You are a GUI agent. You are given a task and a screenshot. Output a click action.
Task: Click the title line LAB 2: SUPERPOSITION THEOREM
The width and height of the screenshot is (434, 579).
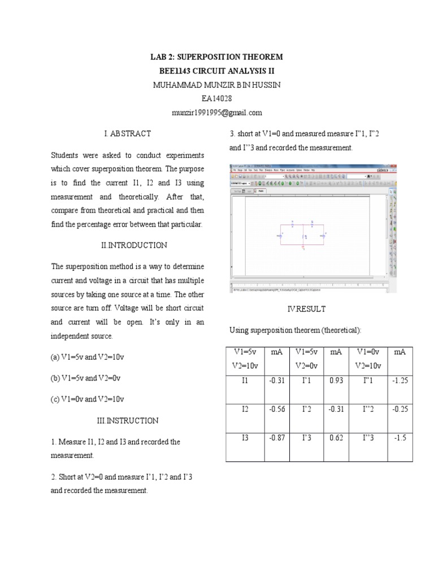pyautogui.click(x=217, y=58)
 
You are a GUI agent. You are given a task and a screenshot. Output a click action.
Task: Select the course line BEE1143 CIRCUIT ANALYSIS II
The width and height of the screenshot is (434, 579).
pyautogui.click(x=217, y=71)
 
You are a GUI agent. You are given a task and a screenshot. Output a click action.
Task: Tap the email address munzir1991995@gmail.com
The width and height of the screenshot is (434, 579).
pyautogui.click(x=217, y=113)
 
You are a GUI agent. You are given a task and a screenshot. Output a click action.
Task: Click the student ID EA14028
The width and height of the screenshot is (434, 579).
pyautogui.click(x=217, y=98)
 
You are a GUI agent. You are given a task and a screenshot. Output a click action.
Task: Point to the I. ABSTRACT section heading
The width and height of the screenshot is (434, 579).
pyautogui.click(x=127, y=133)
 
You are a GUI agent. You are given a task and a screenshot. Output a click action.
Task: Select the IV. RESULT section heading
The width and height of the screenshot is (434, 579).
pyautogui.click(x=307, y=309)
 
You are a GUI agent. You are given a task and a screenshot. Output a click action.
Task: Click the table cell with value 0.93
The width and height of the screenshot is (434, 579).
pyautogui.click(x=336, y=381)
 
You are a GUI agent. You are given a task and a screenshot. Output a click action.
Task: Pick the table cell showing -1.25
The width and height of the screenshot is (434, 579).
pyautogui.click(x=400, y=381)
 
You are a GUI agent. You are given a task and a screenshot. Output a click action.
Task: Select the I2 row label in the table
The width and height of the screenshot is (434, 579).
pyautogui.click(x=245, y=409)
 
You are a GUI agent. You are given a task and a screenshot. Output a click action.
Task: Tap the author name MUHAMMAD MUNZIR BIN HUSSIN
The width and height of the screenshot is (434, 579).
pyautogui.click(x=217, y=85)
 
